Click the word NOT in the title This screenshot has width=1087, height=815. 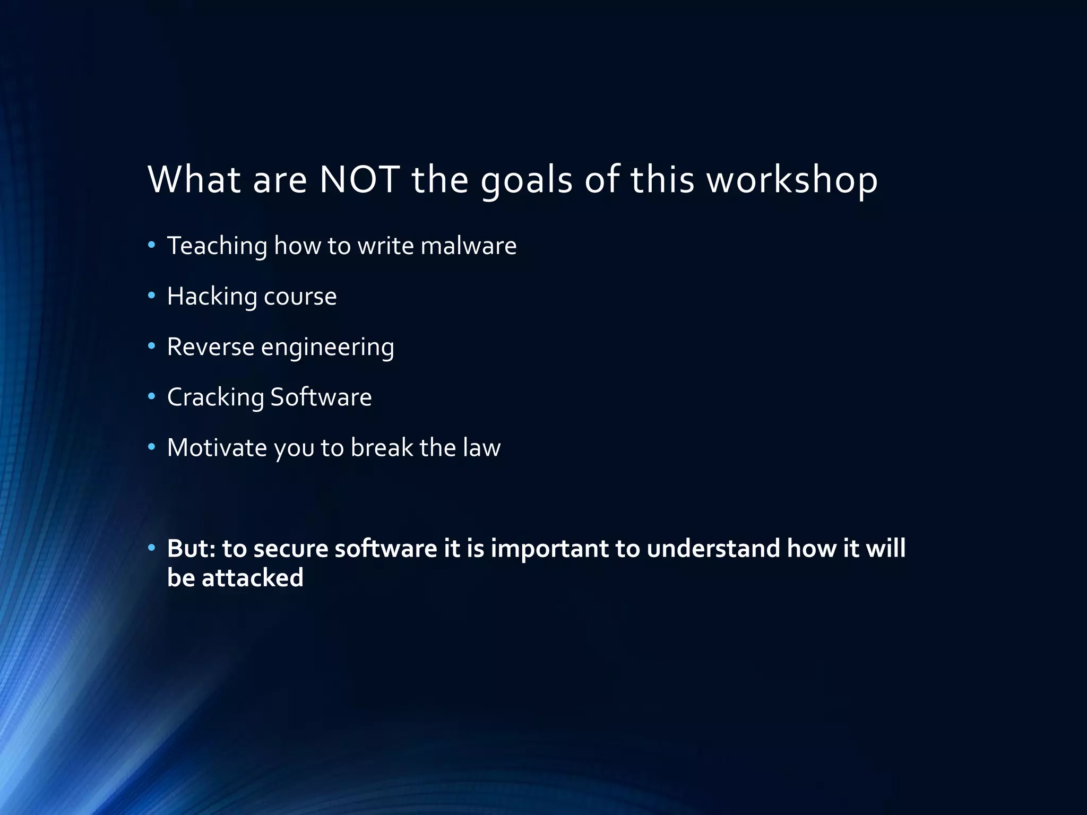tap(359, 179)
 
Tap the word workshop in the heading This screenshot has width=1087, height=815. tap(792, 179)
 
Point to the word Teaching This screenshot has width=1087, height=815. tap(217, 246)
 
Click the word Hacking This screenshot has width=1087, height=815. tap(212, 297)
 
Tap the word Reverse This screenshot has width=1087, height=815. tap(211, 347)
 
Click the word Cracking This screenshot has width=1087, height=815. tap(215, 397)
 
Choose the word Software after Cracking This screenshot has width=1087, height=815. tap(321, 397)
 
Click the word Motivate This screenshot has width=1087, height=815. tap(217, 448)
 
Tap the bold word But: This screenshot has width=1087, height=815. tap(191, 549)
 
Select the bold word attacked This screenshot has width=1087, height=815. tap(252, 578)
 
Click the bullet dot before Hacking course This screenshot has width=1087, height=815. tap(152, 296)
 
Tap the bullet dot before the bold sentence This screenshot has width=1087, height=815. tap(152, 548)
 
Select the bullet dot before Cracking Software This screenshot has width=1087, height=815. tap(152, 396)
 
